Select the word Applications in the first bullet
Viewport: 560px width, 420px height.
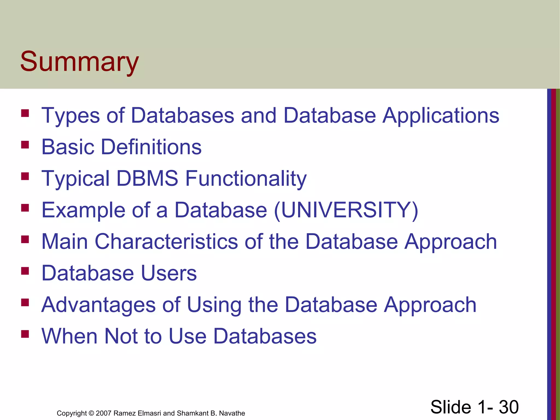(x=441, y=115)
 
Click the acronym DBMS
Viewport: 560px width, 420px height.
(x=147, y=178)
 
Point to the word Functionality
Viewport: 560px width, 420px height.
(x=246, y=178)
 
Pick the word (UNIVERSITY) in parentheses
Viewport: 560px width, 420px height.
(x=346, y=210)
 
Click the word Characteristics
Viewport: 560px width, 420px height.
(x=166, y=241)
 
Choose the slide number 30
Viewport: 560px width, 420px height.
(x=509, y=407)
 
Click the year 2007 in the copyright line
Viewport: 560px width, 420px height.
(x=103, y=413)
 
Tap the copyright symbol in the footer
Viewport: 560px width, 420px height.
(x=91, y=413)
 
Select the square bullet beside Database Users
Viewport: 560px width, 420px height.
(x=25, y=271)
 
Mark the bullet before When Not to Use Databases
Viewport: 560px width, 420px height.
(x=25, y=334)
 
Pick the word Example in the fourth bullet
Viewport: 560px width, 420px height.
(x=83, y=210)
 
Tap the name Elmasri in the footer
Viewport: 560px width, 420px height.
(x=149, y=413)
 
